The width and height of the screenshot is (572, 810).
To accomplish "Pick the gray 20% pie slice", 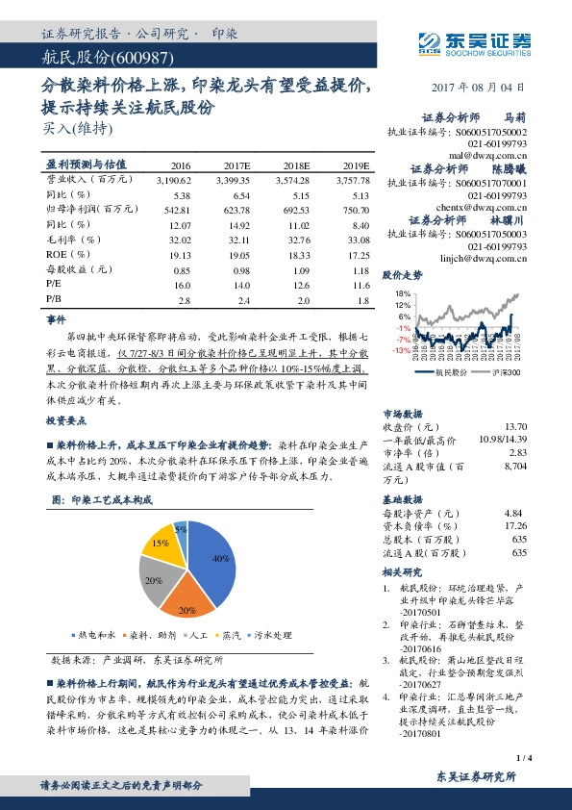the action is point(155,580).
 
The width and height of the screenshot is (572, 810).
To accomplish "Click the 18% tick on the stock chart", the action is point(402,292).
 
